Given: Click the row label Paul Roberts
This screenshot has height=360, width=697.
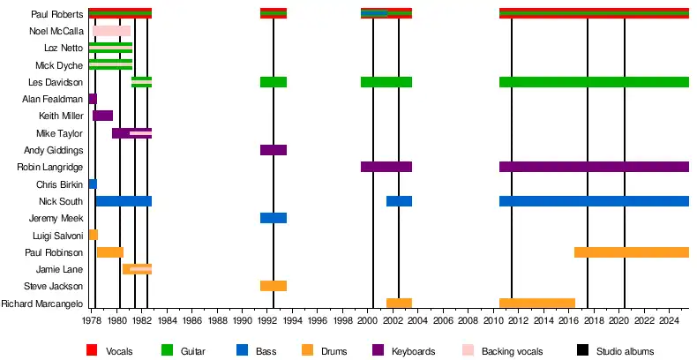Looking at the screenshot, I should (57, 14).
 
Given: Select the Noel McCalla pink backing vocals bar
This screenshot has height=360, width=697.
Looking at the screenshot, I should (112, 31).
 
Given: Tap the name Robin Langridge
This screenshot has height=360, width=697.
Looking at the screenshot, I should (51, 168).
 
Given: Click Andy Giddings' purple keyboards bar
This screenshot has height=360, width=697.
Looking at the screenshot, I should (274, 150).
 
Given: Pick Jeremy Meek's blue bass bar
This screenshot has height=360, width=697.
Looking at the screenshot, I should (274, 218).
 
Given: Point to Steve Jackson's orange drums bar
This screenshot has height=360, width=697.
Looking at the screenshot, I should (274, 286).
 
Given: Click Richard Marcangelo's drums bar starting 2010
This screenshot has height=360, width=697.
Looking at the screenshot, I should (536, 304).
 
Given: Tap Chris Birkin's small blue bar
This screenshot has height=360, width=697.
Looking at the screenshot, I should (93, 184).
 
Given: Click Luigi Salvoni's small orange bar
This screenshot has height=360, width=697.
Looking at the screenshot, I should (94, 235).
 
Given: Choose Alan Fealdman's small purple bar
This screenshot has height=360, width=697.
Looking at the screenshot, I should (93, 99).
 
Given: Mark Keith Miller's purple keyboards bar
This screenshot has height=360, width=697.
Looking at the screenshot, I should (102, 116).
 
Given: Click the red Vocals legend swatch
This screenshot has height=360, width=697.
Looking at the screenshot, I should (92, 350).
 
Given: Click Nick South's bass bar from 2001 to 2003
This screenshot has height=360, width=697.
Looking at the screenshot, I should (399, 201).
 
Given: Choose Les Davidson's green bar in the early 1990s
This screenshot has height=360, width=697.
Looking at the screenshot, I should (274, 82).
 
